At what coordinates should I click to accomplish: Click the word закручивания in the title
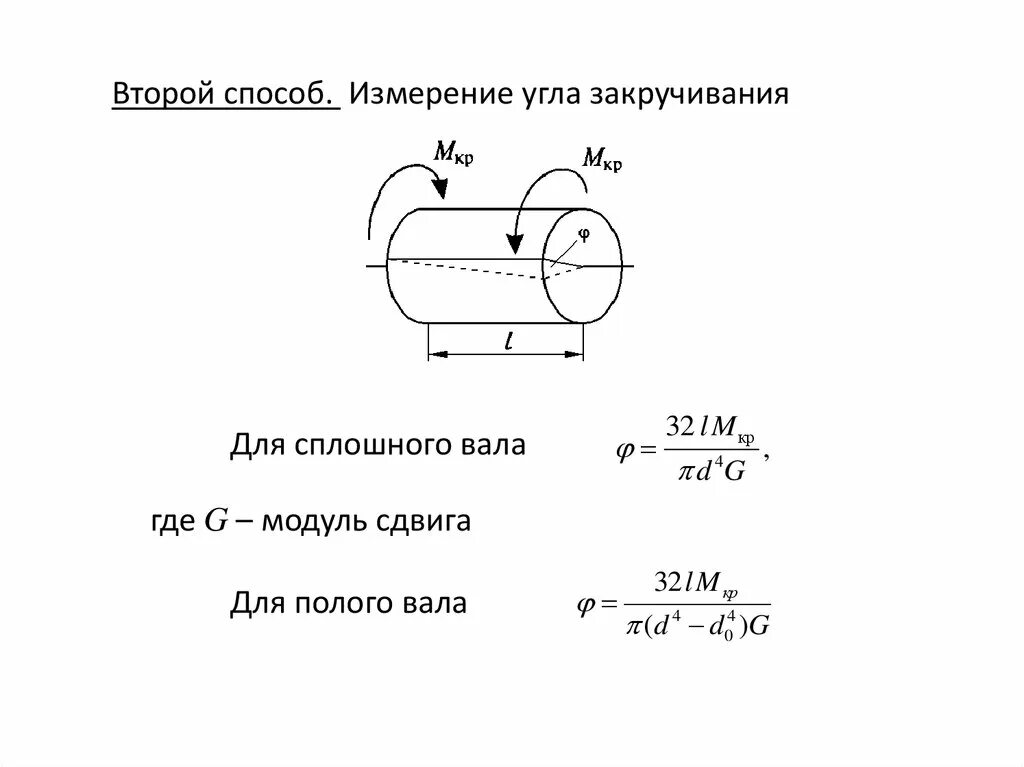689,96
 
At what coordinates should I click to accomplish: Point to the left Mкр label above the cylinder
452,151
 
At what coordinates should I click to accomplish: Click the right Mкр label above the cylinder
602,157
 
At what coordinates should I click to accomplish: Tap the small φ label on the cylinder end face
585,233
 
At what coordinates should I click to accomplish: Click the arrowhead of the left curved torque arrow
438,184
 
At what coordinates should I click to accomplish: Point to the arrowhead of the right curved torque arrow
515,244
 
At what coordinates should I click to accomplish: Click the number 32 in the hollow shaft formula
667,582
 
